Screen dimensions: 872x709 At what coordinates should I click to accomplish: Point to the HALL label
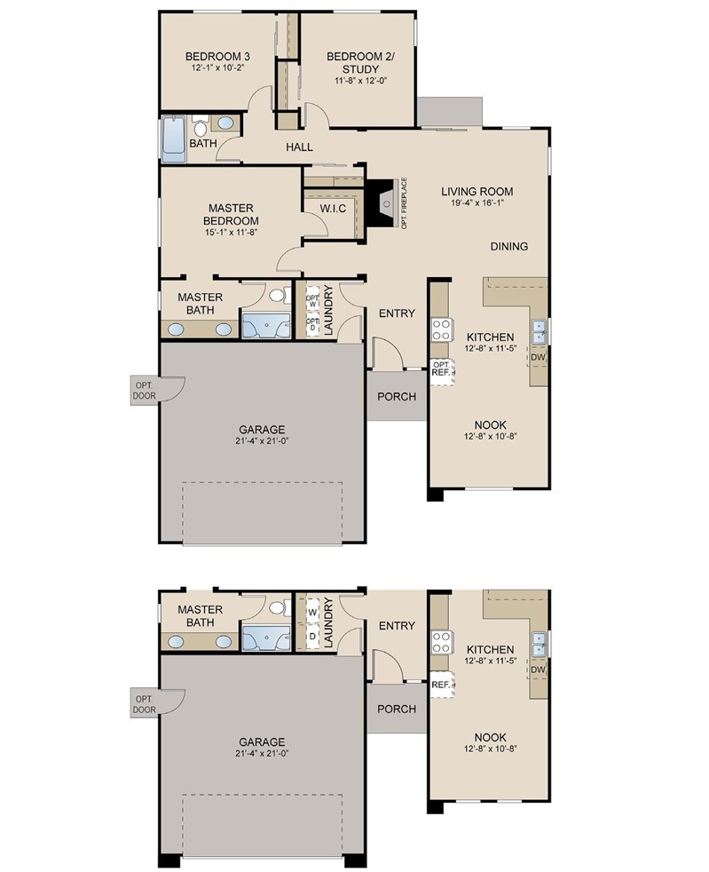[x=299, y=147]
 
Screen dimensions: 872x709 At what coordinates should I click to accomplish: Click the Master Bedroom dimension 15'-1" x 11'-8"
[x=227, y=234]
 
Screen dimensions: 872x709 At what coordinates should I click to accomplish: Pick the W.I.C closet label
[x=333, y=208]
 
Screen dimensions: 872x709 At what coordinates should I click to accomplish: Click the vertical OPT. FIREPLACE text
[x=404, y=203]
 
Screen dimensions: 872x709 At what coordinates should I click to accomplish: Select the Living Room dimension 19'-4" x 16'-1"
[x=477, y=203]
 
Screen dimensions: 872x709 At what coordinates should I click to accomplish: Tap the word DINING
[x=509, y=247]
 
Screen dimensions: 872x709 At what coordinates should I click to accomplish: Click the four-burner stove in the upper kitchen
[x=441, y=329]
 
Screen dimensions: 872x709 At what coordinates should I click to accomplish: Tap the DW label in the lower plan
[x=538, y=669]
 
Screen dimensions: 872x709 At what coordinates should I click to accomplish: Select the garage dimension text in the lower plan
[x=261, y=754]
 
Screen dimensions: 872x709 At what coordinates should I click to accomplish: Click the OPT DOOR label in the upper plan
[x=143, y=389]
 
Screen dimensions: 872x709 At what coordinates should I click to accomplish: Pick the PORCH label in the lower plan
[x=397, y=709]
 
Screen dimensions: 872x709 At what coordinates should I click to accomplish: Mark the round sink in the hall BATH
[x=226, y=123]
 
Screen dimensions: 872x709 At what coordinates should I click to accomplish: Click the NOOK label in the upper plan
[x=490, y=424]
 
